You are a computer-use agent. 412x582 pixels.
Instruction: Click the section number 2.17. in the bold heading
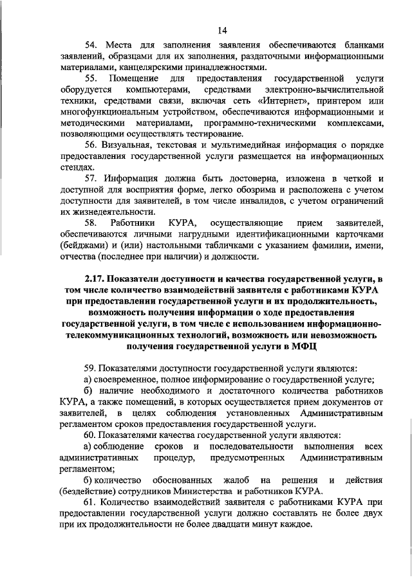click(x=95, y=278)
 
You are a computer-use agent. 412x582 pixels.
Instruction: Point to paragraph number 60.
click(x=92, y=435)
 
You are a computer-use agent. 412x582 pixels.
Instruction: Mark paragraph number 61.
click(x=92, y=502)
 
